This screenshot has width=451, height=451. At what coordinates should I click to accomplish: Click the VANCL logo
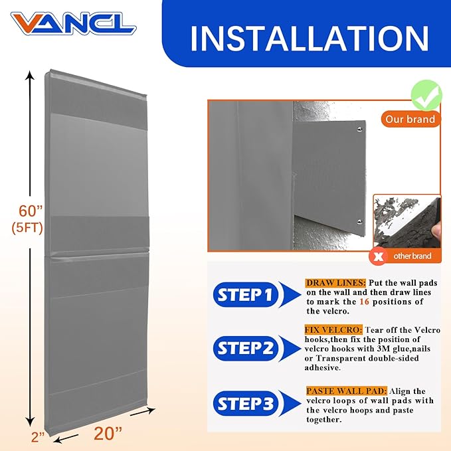pos(73,23)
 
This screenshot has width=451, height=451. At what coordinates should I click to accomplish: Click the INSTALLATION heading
pos(310,39)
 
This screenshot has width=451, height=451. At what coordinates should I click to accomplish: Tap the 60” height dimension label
pos(31,211)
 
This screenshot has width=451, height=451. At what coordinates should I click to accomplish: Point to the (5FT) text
pos(27,228)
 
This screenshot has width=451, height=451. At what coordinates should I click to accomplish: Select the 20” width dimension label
pos(108,434)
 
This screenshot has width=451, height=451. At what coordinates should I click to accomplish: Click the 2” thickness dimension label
pos(38,437)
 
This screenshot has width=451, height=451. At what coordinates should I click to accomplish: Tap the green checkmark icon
pos(426,96)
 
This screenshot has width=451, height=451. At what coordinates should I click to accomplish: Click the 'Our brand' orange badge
pos(410,119)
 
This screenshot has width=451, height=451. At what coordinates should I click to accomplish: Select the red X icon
pos(379,256)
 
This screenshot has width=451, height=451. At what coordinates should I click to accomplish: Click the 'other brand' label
pos(412,256)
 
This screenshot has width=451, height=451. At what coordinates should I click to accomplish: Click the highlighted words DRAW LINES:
pos(335,283)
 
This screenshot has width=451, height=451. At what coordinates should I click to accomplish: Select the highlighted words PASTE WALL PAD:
pos(347,391)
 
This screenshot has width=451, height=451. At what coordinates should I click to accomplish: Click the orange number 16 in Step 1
pos(364,302)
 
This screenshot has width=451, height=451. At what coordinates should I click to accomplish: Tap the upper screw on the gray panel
pos(359,130)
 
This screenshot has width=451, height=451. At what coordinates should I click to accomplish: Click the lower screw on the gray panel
pos(359,221)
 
